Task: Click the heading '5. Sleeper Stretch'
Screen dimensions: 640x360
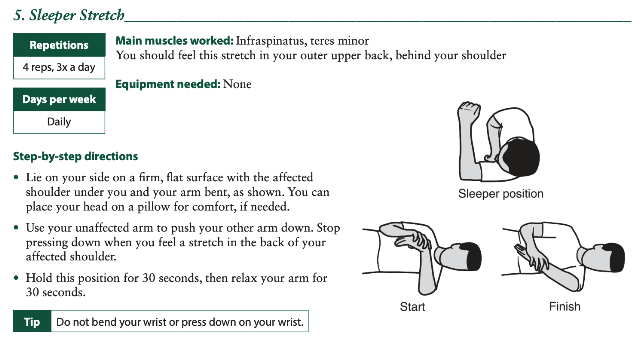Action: click(x=69, y=15)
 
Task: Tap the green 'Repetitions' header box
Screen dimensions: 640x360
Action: click(x=59, y=45)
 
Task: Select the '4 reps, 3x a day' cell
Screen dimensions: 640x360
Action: click(x=59, y=67)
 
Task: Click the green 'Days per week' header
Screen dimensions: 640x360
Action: click(x=59, y=99)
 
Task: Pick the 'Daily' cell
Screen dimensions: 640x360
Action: click(x=59, y=122)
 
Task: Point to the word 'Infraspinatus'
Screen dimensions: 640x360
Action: click(x=271, y=41)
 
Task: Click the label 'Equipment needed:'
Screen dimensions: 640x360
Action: click(x=168, y=84)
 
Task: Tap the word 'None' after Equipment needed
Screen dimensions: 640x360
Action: click(x=237, y=84)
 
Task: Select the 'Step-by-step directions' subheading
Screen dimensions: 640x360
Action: click(x=76, y=156)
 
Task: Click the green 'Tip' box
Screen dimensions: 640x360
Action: click(x=32, y=322)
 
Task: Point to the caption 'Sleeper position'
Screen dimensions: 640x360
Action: click(x=501, y=193)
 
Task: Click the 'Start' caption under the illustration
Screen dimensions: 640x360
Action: click(x=412, y=307)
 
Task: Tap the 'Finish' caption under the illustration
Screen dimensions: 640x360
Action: click(x=564, y=306)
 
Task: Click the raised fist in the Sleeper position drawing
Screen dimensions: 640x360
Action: click(x=469, y=110)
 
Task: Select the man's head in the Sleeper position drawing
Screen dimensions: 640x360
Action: click(x=519, y=157)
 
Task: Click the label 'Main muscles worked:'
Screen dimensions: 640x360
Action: click(x=174, y=41)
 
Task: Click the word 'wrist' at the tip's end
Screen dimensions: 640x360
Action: click(x=291, y=322)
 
